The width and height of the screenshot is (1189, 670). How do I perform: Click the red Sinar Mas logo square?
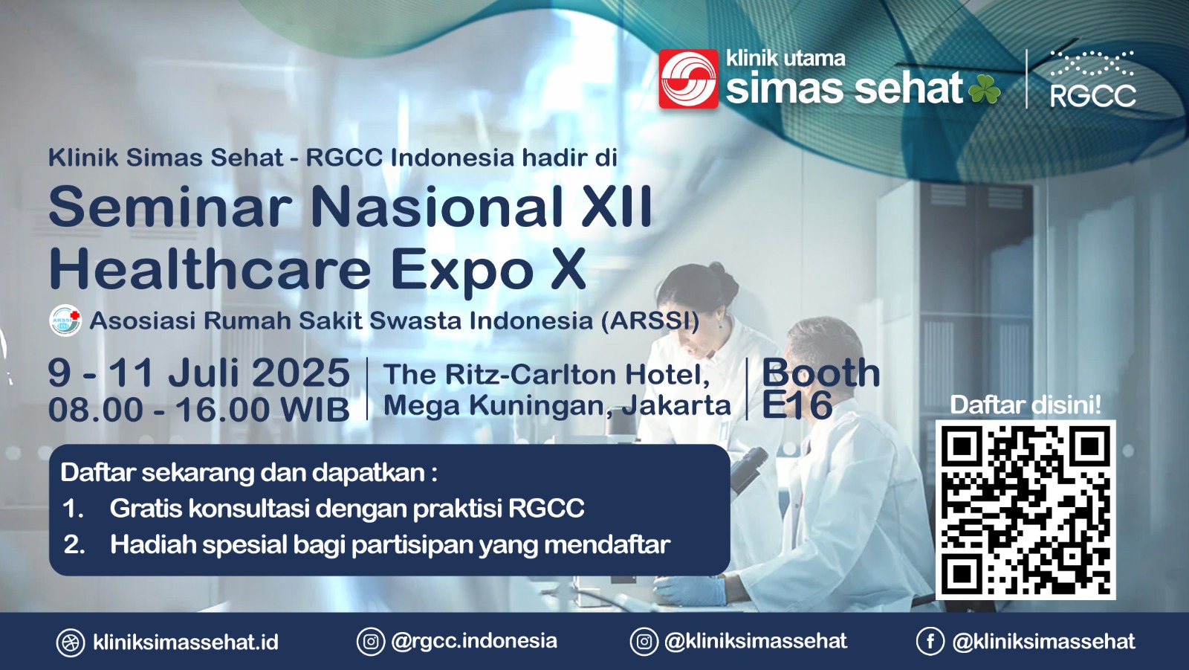click(688, 79)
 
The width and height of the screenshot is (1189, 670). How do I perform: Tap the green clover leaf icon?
click(984, 89)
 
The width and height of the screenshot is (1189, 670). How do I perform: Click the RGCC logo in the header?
click(1092, 79)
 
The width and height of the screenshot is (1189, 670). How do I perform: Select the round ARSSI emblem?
click(65, 320)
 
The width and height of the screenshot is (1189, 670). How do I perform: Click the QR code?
click(1026, 510)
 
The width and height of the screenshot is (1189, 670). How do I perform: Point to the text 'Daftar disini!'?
click(1026, 405)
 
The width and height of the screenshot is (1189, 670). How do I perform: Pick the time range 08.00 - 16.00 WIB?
click(199, 410)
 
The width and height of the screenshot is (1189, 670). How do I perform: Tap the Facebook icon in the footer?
click(930, 641)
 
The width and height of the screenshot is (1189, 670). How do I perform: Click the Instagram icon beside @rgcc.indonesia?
click(371, 641)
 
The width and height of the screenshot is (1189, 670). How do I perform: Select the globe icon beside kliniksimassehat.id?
click(71, 642)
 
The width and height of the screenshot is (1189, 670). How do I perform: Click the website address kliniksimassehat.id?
click(186, 642)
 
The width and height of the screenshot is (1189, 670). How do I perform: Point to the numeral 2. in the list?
click(74, 545)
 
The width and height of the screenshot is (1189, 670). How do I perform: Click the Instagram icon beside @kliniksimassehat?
click(644, 641)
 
